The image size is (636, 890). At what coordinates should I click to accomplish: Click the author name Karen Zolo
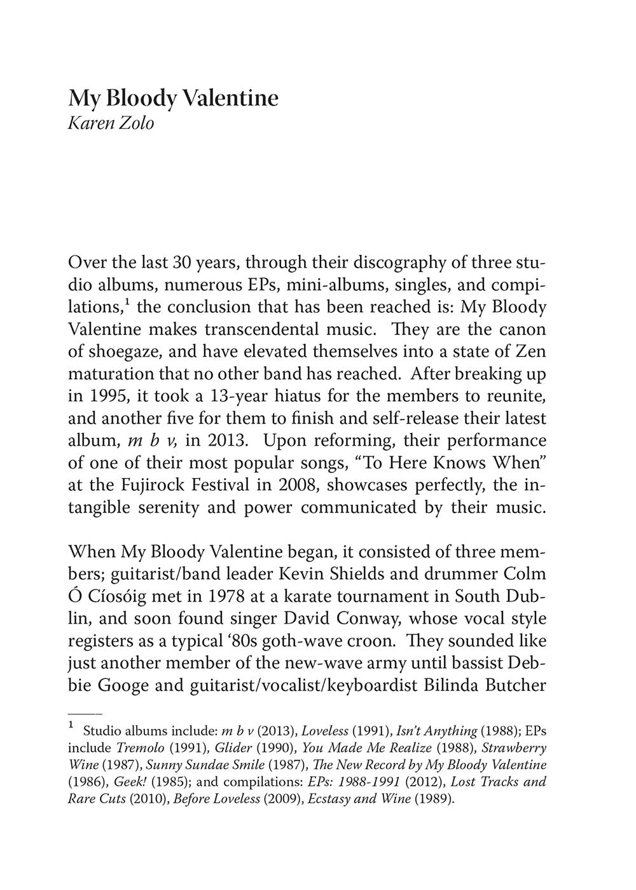[x=111, y=122]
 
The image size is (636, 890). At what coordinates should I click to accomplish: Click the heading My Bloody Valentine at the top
[x=173, y=99]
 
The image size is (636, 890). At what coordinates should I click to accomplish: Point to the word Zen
[x=531, y=352]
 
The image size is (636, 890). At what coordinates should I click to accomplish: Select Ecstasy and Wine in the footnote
[x=359, y=799]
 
